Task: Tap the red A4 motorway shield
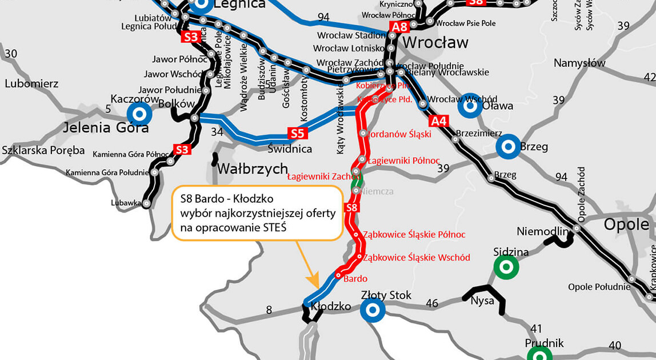(438, 121)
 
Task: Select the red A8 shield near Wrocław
(399, 26)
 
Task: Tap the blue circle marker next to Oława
(470, 105)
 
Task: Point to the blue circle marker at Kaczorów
(139, 113)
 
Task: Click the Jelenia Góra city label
(106, 127)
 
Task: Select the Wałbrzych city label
(252, 169)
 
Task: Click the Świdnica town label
(290, 149)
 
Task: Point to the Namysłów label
(579, 63)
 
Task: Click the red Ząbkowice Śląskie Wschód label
(417, 258)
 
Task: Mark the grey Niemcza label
(377, 191)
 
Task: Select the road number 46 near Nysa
(431, 303)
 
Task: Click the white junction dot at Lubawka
(147, 203)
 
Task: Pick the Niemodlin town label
(543, 231)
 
